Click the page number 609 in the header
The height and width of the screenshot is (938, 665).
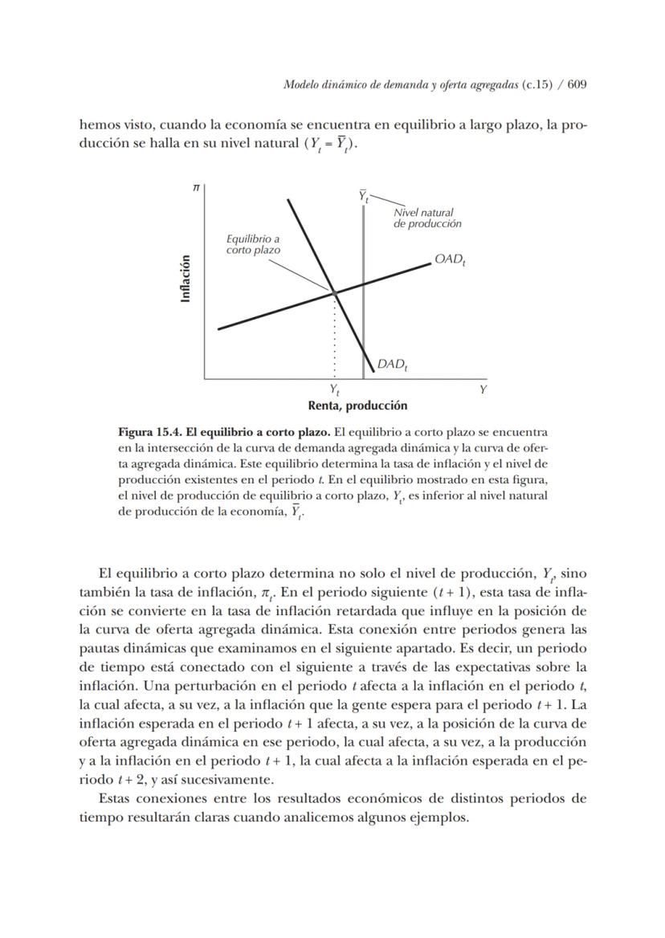tap(578, 86)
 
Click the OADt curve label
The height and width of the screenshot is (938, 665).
tap(451, 259)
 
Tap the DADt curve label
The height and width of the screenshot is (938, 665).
tap(393, 365)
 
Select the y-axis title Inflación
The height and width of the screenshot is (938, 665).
tap(186, 278)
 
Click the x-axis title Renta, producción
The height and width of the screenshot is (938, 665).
tap(357, 406)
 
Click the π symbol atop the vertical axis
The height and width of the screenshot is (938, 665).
tap(195, 186)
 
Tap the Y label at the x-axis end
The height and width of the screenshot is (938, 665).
tap(483, 389)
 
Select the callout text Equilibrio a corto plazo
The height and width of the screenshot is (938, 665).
tap(253, 244)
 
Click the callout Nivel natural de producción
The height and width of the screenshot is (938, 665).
tap(426, 218)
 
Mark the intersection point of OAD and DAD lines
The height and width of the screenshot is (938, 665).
tap(335, 292)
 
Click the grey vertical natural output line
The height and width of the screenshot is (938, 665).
tap(364, 321)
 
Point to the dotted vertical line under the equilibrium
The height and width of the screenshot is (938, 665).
tap(335, 337)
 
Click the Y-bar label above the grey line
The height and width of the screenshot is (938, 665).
tap(364, 196)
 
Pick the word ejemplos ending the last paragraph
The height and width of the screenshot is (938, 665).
tap(441, 818)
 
